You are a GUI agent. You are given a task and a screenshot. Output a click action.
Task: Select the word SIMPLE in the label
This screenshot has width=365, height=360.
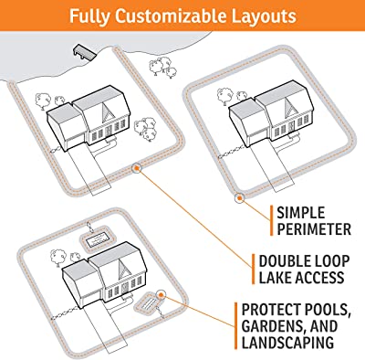(301, 212)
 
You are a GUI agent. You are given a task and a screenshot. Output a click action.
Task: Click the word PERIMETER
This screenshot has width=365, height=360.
(314, 229)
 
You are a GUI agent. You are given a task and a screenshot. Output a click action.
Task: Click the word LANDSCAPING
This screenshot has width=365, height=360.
(287, 342)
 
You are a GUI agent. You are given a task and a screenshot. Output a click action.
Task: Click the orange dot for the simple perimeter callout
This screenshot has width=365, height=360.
(240, 198)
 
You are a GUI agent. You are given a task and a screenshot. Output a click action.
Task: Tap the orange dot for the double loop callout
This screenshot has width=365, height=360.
(136, 168)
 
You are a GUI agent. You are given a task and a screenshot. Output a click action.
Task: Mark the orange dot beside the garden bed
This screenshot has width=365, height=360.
(161, 294)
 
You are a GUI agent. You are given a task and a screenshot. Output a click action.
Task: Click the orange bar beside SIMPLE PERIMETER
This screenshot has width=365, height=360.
(271, 221)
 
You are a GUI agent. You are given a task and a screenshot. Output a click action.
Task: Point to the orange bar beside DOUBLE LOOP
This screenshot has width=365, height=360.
(254, 270)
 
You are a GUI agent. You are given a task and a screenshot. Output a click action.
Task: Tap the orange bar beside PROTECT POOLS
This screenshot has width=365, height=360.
(236, 326)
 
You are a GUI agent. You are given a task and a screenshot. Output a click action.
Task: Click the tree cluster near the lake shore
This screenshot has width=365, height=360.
(162, 67)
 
